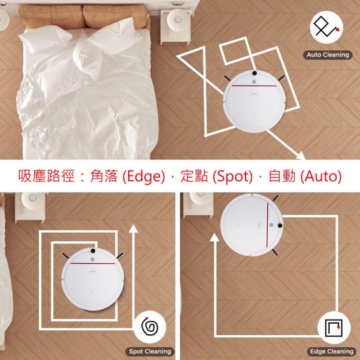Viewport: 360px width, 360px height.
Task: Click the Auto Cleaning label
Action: pyautogui.click(x=328, y=55)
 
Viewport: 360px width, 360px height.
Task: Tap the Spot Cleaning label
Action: pyautogui.click(x=150, y=351)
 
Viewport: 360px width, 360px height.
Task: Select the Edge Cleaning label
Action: pyautogui.click(x=332, y=351)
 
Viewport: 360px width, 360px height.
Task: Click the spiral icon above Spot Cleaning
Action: pyautogui.click(x=150, y=327)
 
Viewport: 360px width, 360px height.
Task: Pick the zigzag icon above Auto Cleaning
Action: pyautogui.click(x=326, y=27)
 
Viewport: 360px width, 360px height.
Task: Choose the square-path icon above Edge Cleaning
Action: pyautogui.click(x=334, y=328)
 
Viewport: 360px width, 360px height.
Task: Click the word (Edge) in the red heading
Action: pyautogui.click(x=144, y=176)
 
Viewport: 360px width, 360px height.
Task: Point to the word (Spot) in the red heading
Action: pyautogui.click(x=232, y=176)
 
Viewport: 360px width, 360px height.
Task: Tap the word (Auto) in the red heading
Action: pyautogui.click(x=321, y=176)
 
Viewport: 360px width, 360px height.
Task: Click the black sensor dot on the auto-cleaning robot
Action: pyautogui.click(x=254, y=73)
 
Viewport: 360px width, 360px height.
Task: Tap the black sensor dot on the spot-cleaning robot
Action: pyautogui.click(x=93, y=251)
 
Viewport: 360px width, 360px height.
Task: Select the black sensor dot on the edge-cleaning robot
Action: pyautogui.click(x=280, y=225)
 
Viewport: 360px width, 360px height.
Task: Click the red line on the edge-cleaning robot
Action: pyautogui.click(x=267, y=225)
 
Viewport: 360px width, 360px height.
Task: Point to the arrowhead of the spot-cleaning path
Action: pyautogui.click(x=133, y=229)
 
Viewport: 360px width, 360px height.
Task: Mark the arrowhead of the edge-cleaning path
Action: pyautogui.click(x=215, y=238)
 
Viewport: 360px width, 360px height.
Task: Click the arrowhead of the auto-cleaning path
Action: pyautogui.click(x=301, y=156)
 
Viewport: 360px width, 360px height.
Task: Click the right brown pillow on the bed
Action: pyautogui.click(x=115, y=16)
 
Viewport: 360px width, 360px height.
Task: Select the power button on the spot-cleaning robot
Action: pyautogui.click(x=93, y=259)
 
